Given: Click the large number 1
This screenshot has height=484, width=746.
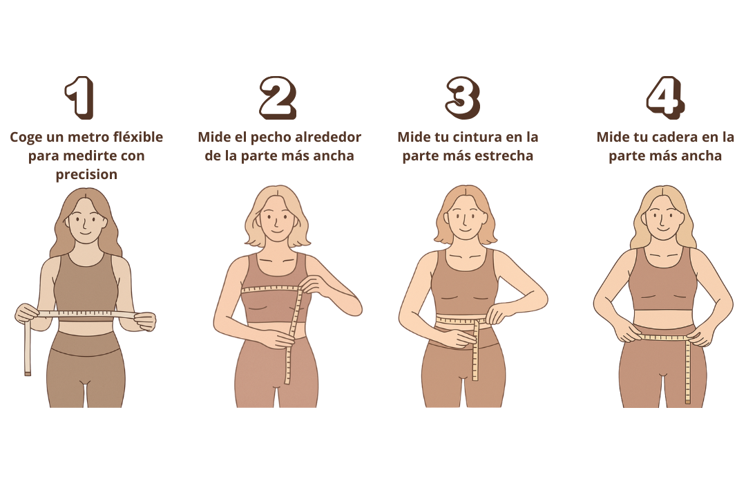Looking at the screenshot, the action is (x=80, y=97).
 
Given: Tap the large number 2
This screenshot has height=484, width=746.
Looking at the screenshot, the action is (x=278, y=97).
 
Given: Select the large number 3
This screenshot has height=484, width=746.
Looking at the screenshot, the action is (x=463, y=97).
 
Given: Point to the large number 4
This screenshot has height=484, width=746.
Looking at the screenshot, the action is (x=666, y=97).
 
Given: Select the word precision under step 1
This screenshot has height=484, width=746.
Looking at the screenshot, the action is (x=86, y=174).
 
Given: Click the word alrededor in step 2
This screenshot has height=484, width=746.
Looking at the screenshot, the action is (x=328, y=137).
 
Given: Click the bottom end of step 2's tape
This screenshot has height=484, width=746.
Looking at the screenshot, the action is (x=287, y=381).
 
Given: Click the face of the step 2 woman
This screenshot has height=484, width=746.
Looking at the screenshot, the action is (x=278, y=219).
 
